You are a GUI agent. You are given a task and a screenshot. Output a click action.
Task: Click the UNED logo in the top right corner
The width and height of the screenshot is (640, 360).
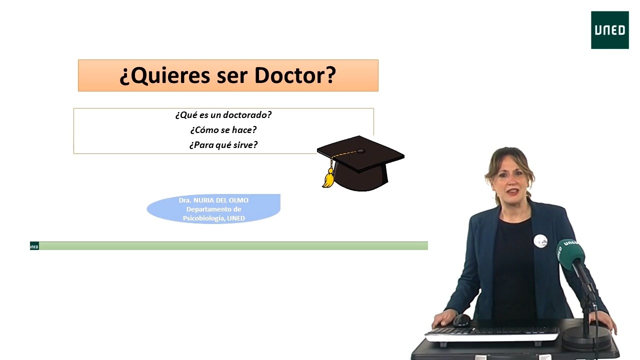pos(609,30)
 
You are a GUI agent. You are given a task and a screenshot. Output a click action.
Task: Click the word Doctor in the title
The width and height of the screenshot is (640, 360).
pos(295,75)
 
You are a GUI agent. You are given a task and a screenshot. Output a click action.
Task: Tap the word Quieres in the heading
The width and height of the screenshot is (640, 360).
pos(165,75)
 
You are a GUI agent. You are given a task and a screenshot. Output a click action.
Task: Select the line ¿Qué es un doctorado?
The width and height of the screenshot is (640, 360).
pos(223,115)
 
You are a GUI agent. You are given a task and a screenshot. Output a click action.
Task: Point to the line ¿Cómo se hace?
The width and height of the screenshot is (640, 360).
pos(223,130)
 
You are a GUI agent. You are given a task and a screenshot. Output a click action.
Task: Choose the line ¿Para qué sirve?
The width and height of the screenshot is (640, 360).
pos(223,145)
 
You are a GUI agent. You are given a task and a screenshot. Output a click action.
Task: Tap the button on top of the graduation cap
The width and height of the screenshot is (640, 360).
pos(361,151)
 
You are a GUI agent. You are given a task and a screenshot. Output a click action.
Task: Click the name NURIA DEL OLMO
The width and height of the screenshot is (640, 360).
pos(221,200)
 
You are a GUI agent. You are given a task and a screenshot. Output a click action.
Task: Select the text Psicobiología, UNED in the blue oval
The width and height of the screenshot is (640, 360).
pos(213,218)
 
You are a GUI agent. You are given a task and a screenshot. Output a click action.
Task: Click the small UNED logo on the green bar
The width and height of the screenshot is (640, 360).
pos(34,246)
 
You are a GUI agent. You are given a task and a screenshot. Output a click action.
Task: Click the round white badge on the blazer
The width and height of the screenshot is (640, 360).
pos(540,240)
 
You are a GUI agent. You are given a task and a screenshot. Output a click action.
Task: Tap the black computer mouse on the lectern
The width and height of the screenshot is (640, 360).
pos(461,320)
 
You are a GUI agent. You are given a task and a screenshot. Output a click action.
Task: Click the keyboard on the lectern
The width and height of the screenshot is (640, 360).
pos(491,333)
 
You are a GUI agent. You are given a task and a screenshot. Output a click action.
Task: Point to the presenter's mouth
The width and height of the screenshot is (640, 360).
pos(513,191)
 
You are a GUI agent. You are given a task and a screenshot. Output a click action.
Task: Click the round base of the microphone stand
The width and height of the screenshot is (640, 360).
pos(586,338)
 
